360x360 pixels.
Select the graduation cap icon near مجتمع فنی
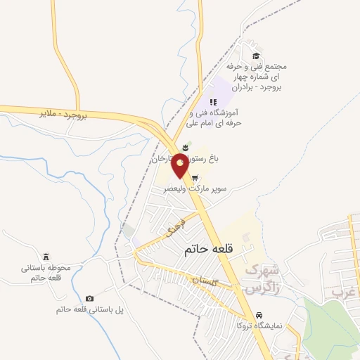point(256,56)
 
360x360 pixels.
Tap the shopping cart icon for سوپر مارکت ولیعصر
point(203,177)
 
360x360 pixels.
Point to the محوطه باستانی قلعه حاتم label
point(42,274)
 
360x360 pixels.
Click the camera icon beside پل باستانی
point(89,299)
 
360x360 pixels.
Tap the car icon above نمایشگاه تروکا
point(259,314)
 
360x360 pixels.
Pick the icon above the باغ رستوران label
point(185,147)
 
